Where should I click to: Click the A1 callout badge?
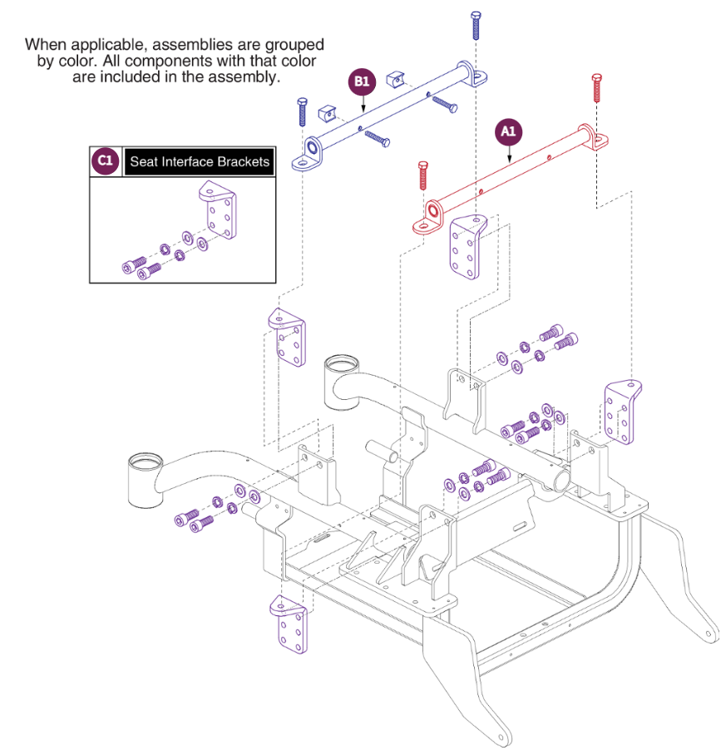point(509,131)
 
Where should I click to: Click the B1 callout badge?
point(362,81)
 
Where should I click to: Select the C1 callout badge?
point(104,161)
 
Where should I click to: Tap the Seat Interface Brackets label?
point(200,161)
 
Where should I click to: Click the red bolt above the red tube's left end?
point(422,175)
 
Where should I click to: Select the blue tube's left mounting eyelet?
point(311,151)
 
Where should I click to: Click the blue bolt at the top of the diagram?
point(476,25)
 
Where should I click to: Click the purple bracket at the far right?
point(621,412)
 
